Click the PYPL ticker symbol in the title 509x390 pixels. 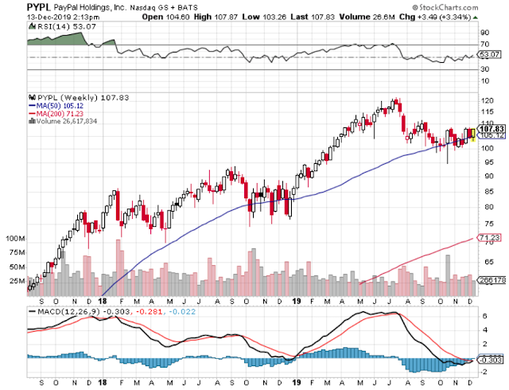tap(39, 7)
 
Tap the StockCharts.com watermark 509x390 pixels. tap(445, 7)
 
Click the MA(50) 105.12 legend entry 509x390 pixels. tap(56, 106)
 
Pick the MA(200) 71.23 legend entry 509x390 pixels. tap(56, 114)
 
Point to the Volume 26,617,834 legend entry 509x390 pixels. tap(63, 121)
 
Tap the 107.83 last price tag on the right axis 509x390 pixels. tap(492, 129)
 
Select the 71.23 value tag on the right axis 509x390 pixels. tap(490, 238)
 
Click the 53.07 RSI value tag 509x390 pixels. tap(490, 54)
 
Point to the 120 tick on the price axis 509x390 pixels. tap(488, 101)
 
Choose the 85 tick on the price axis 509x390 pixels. tap(485, 192)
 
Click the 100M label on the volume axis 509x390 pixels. tap(15, 239)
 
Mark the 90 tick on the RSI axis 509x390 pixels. tap(485, 33)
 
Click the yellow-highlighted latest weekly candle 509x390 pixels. tap(473, 135)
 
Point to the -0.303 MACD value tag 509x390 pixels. tap(491, 360)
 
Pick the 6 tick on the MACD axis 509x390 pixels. tap(484, 316)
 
